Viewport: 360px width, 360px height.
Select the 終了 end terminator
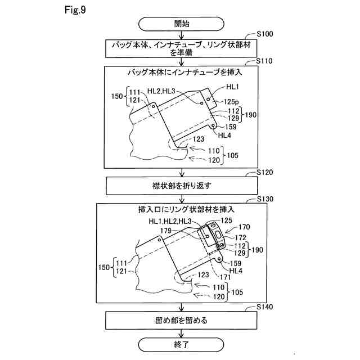pos(181,344)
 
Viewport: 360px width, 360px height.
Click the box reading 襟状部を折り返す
pos(181,184)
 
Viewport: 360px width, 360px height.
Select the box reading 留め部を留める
pos(181,321)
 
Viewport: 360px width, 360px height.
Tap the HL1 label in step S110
pos(233,87)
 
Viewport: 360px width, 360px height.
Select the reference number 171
pos(224,277)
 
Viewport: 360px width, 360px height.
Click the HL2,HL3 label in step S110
pos(161,90)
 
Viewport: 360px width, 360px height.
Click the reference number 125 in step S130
pos(226,220)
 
